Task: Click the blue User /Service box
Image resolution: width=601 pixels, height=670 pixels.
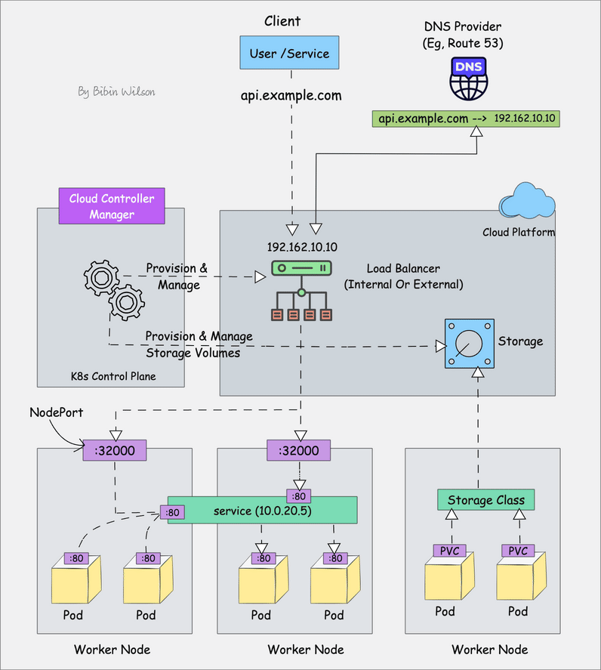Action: tap(290, 54)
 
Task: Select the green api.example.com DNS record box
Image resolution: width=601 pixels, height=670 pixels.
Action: tap(466, 119)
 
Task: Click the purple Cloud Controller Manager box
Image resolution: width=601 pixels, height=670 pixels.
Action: tap(112, 206)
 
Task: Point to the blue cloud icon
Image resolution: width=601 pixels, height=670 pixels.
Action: tap(526, 202)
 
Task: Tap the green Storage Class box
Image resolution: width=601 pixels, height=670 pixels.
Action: tap(485, 500)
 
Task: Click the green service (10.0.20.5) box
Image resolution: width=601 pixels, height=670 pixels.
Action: tap(262, 511)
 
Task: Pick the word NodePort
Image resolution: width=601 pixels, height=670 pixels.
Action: tap(56, 412)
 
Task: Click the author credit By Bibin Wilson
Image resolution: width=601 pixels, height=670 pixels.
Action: tap(117, 91)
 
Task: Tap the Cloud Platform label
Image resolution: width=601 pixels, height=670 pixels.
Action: tap(519, 232)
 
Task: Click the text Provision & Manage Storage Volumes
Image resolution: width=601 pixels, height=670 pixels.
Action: tap(199, 344)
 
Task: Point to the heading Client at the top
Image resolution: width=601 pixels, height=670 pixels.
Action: tap(282, 21)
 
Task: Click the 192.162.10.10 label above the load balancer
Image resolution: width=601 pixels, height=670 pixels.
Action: tap(302, 247)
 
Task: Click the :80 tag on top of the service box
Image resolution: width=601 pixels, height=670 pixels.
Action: tap(297, 496)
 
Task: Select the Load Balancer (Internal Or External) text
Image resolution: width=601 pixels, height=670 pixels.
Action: tap(403, 276)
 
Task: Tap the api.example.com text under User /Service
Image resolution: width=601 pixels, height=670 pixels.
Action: tap(291, 96)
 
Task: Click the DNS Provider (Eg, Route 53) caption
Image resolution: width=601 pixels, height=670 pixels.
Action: tap(463, 36)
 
